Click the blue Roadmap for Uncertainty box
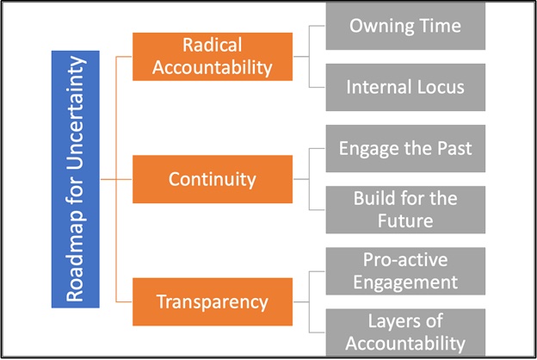[76, 179]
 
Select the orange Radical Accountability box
[213, 57]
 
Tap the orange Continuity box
[213, 179]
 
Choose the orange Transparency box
[213, 301]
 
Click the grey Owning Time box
[405, 26]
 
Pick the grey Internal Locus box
[405, 87]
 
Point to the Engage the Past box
[405, 148]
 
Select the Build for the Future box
[405, 210]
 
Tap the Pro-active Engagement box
[405, 271]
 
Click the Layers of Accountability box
[405, 332]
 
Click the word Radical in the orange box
[213, 45]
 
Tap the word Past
[454, 148]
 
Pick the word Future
[405, 220]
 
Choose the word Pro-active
[405, 260]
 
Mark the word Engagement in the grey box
[405, 282]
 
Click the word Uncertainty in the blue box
[76, 113]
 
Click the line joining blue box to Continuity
[116, 179]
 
